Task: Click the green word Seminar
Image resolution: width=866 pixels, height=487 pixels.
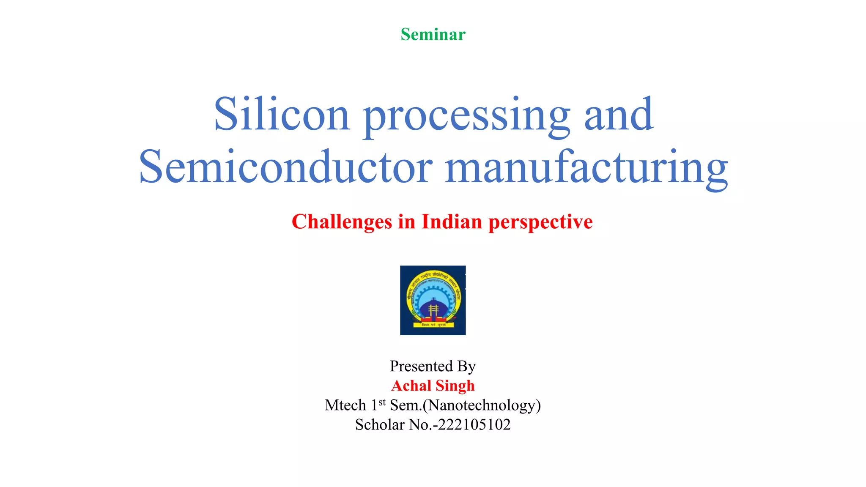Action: (x=433, y=35)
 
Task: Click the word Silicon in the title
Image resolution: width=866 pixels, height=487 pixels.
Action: (x=282, y=114)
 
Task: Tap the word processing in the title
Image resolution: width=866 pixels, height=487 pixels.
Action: (x=467, y=116)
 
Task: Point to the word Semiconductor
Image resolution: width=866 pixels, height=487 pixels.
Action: (x=286, y=167)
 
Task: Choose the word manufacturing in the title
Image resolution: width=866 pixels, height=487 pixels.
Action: (x=586, y=168)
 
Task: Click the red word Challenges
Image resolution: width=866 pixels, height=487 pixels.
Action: (x=342, y=222)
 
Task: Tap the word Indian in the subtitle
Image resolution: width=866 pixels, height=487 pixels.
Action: (x=452, y=222)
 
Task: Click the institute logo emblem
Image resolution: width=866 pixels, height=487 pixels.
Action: (x=433, y=300)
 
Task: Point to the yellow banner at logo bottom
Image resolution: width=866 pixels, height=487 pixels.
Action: (x=433, y=325)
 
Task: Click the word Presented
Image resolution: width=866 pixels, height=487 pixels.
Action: (x=421, y=366)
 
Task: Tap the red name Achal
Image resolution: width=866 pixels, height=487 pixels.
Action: (x=411, y=386)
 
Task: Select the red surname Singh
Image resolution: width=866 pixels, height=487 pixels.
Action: (x=455, y=386)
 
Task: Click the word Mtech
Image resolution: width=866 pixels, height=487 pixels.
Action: (x=345, y=405)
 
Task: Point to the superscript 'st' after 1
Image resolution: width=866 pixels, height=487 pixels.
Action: (x=382, y=402)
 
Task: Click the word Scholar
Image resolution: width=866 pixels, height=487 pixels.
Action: (x=380, y=425)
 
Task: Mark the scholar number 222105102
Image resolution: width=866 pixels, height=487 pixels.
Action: (x=474, y=425)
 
